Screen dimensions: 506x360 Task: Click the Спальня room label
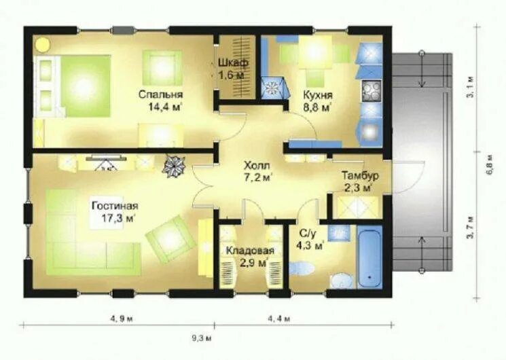tap(161, 94)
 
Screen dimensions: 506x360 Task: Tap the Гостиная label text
tap(115, 206)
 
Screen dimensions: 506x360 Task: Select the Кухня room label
tap(318, 95)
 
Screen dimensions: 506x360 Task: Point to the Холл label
tap(257, 166)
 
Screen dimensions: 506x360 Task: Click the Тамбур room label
tap(360, 176)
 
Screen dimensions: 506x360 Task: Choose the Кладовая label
tap(250, 251)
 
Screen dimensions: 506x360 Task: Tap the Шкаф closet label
tap(233, 62)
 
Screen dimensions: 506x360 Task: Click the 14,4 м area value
tap(164, 107)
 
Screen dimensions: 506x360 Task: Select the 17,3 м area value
tap(118, 218)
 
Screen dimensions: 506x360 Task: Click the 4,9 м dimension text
tap(122, 319)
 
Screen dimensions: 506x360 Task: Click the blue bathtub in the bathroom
tap(369, 258)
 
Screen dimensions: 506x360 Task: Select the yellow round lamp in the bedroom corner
tap(43, 45)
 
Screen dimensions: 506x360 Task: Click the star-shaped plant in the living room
tap(175, 165)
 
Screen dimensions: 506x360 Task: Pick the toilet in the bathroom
tap(301, 268)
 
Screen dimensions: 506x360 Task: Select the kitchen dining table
tap(315, 52)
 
